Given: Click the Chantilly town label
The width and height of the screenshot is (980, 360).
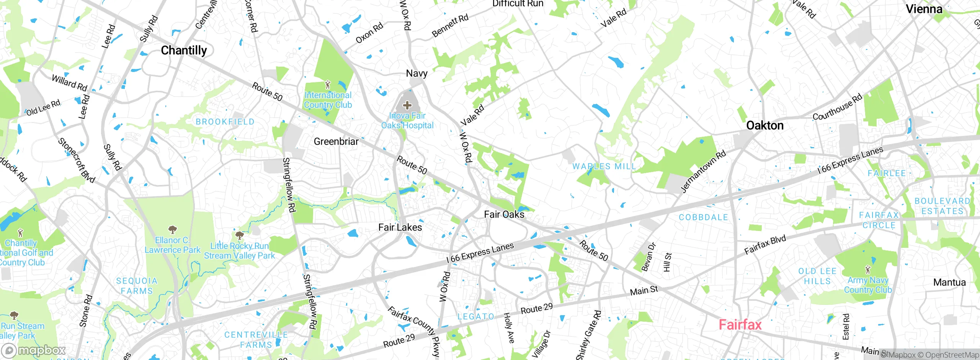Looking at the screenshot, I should pyautogui.click(x=184, y=50).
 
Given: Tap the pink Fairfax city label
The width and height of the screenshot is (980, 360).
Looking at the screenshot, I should pyautogui.click(x=740, y=325).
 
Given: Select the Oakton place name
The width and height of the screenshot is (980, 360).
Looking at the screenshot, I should pyautogui.click(x=765, y=126).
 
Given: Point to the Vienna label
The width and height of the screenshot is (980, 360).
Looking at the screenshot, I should pyautogui.click(x=924, y=9).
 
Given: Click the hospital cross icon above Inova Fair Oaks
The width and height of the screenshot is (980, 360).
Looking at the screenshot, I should pyautogui.click(x=407, y=105).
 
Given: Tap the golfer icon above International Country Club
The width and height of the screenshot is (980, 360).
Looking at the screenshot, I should pyautogui.click(x=327, y=84).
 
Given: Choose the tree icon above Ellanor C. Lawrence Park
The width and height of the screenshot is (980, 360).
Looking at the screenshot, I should pyautogui.click(x=173, y=229).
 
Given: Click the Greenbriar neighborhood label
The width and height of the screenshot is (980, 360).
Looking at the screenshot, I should pyautogui.click(x=336, y=141).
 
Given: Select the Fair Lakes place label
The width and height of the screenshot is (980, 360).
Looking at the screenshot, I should pyautogui.click(x=400, y=227).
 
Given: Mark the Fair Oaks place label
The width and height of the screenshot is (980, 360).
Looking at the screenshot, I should pyautogui.click(x=504, y=214).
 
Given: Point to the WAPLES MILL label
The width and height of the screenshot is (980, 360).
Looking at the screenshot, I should pyautogui.click(x=604, y=166).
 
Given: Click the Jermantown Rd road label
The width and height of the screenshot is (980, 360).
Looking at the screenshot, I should pyautogui.click(x=703, y=172).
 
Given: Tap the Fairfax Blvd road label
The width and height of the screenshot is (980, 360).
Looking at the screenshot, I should pyautogui.click(x=765, y=245).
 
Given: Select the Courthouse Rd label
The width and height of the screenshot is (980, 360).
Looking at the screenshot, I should pyautogui.click(x=837, y=107).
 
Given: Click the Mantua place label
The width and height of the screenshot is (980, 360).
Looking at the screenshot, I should pyautogui.click(x=949, y=282).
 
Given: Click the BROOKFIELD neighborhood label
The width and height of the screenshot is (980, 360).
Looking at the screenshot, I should pyautogui.click(x=225, y=122).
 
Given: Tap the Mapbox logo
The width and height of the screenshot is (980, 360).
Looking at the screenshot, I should pyautogui.click(x=34, y=350).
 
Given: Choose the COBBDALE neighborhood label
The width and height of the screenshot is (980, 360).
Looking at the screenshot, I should pyautogui.click(x=703, y=217).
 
